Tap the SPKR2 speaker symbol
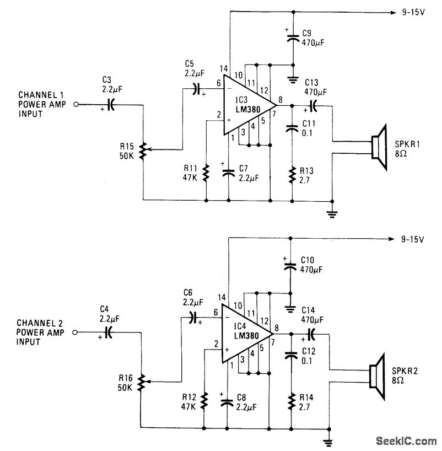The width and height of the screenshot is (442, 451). point(377,374)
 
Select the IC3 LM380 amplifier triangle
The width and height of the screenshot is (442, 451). point(246,104)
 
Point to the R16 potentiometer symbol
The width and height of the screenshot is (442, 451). point(142,380)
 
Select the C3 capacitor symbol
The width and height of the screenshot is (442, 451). point(110,104)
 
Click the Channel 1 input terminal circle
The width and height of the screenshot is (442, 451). point(77,104)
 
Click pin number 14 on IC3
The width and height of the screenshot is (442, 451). point(223,69)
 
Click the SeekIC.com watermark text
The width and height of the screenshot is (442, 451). point(406,442)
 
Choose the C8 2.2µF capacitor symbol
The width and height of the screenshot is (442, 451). point(225,402)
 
